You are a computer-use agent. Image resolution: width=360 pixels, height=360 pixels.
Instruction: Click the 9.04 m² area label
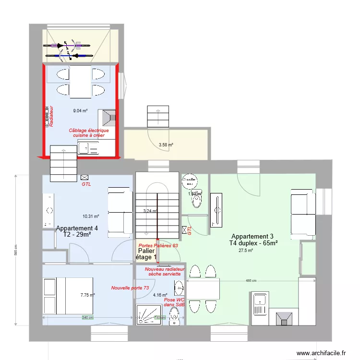pyautogui.click(x=80, y=111)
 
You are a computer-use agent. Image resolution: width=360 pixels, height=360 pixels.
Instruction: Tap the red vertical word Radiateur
pyautogui.click(x=50, y=117)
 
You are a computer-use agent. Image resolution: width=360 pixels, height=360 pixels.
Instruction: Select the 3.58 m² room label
pyautogui.click(x=166, y=144)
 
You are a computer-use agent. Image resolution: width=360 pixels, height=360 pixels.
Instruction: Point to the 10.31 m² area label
pyautogui.click(x=91, y=216)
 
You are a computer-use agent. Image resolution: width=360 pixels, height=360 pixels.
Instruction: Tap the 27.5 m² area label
pyautogui.click(x=246, y=250)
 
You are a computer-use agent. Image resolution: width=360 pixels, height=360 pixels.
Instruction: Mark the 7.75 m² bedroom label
pyautogui.click(x=87, y=296)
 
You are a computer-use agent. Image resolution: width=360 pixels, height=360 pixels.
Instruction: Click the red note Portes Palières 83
pyautogui.click(x=157, y=245)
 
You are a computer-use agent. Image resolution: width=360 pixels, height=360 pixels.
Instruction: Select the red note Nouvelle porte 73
pyautogui.click(x=130, y=288)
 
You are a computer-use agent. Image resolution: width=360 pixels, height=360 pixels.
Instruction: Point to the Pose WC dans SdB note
pyautogui.click(x=174, y=301)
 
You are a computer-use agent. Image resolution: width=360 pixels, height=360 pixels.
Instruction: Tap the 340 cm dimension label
pyautogui.click(x=87, y=317)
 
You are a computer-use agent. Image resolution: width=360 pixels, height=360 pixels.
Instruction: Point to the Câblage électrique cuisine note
pyautogui.click(x=89, y=133)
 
